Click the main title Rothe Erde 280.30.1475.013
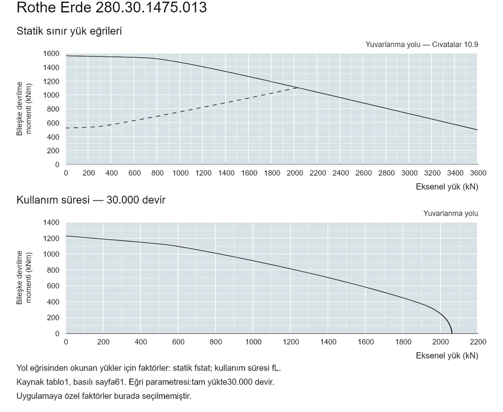(x=112, y=7)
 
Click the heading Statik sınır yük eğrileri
(x=69, y=31)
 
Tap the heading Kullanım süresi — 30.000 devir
(x=91, y=200)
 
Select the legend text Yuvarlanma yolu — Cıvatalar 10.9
(x=421, y=44)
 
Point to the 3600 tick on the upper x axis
(x=478, y=173)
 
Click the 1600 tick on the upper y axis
(x=51, y=53)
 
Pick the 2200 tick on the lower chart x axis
(x=478, y=342)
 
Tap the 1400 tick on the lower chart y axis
(x=51, y=222)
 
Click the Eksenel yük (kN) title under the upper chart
(x=447, y=187)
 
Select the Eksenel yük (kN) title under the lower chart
(x=447, y=355)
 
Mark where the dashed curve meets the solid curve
(x=298, y=87)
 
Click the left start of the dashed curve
(x=66, y=128)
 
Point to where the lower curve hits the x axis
(x=452, y=333)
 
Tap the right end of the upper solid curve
(x=477, y=130)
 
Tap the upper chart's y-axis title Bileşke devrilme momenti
(x=24, y=108)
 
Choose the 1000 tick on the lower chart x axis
(x=253, y=342)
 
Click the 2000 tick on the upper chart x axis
(x=295, y=173)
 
